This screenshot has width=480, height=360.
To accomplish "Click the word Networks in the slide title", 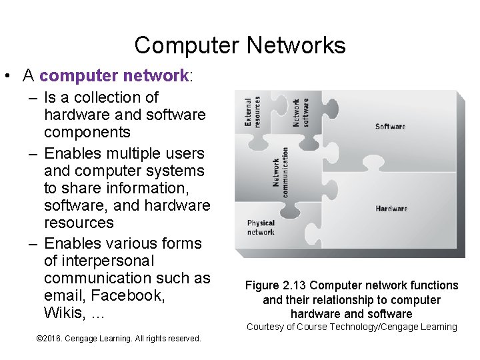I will [x=296, y=45].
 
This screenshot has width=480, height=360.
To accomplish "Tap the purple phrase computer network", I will [x=114, y=75].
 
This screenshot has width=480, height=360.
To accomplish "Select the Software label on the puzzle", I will [x=390, y=126].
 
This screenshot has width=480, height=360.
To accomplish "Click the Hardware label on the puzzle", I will [x=391, y=209].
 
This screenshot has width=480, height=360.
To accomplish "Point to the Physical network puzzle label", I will [x=261, y=227].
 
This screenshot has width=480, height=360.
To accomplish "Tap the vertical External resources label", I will [x=253, y=111].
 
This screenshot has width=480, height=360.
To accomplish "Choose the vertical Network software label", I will [x=301, y=113].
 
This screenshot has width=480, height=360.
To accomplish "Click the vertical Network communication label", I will [x=280, y=171].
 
